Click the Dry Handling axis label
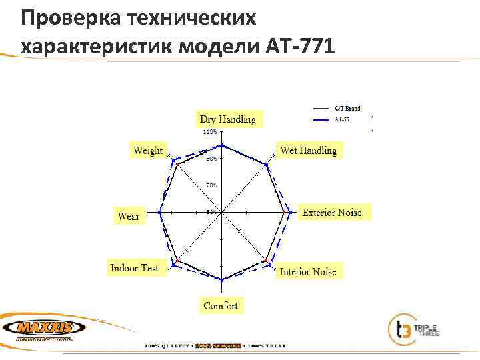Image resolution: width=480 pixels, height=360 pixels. pos(227,119)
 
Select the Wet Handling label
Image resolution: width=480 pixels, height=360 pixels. pos(308,151)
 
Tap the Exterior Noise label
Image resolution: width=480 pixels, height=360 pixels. pos(332,213)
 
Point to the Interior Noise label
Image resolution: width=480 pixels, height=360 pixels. pos(308,271)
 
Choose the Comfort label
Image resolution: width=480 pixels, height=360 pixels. pos(221,305)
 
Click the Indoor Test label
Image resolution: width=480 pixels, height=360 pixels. pos(135,267)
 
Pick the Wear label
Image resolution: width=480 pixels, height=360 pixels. pos(129,215)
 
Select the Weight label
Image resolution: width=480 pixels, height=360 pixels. pos(148,151)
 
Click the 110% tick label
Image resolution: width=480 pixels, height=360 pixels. pos(209,132)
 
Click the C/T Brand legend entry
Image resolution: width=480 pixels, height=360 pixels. pos(347,108)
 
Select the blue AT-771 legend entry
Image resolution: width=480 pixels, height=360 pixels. pos(344,119)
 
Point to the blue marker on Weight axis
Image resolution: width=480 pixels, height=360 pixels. pos(174,161)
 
